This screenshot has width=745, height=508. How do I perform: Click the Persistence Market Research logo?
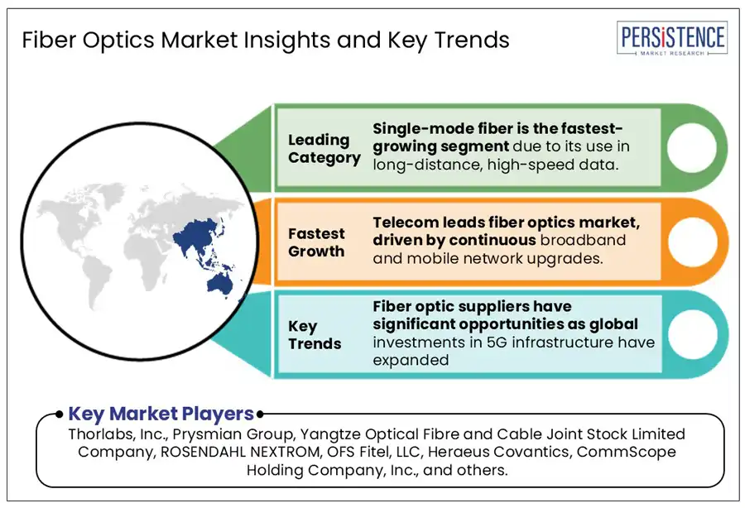[x=672, y=38]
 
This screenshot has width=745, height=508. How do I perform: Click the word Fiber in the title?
[x=50, y=40]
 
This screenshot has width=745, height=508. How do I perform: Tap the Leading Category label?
[x=324, y=149]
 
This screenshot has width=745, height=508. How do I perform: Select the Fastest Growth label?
[x=316, y=242]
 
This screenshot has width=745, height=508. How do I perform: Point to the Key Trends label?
[x=315, y=335]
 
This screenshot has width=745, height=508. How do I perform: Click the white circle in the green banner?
[x=691, y=147]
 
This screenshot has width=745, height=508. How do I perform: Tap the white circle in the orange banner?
[x=692, y=242]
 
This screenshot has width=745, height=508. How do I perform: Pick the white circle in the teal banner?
[x=692, y=334]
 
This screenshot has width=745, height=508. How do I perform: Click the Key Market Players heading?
[x=161, y=414]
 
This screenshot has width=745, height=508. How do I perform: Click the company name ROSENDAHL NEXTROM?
[x=240, y=452]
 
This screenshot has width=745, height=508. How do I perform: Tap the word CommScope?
[x=627, y=453]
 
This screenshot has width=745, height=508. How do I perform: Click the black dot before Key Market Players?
[x=59, y=415]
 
